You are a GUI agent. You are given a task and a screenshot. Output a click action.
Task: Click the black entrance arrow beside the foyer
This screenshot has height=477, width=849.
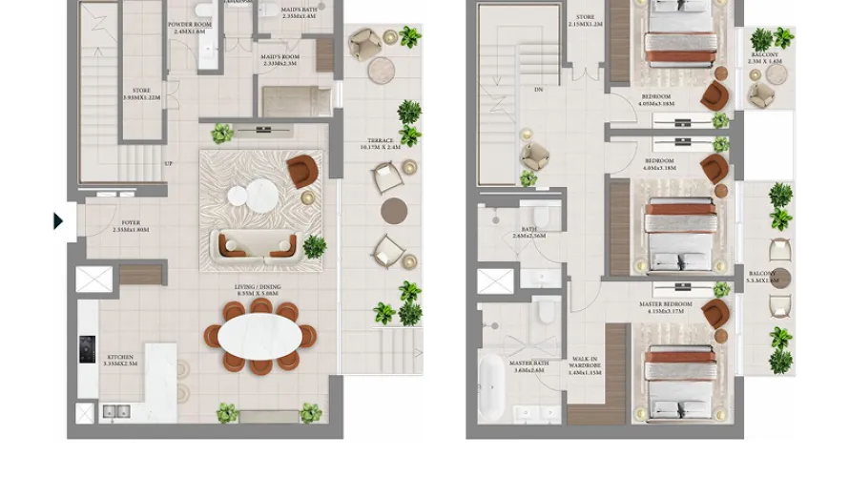(x=58, y=221)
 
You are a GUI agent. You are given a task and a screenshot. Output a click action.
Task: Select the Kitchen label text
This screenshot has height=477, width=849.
(x=121, y=361)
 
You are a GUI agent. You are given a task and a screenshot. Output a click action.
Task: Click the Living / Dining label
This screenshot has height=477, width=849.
(x=258, y=290)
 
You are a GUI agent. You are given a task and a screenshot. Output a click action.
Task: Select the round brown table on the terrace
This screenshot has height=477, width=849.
(x=394, y=211)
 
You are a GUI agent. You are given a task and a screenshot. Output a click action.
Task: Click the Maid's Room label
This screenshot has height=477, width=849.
(x=280, y=60)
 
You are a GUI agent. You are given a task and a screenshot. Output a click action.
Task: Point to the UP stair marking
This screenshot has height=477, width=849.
(x=168, y=163)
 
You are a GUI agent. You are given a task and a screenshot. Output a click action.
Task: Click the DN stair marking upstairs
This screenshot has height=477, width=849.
(x=538, y=90)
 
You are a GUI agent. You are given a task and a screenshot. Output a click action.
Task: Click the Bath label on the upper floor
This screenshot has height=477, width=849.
(x=528, y=232)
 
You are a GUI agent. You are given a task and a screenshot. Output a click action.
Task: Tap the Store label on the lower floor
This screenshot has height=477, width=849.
(x=141, y=93)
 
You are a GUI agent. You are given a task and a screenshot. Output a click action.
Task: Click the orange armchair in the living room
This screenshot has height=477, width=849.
(x=300, y=172)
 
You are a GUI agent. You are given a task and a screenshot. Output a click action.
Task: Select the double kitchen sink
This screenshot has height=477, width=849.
(x=116, y=411)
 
